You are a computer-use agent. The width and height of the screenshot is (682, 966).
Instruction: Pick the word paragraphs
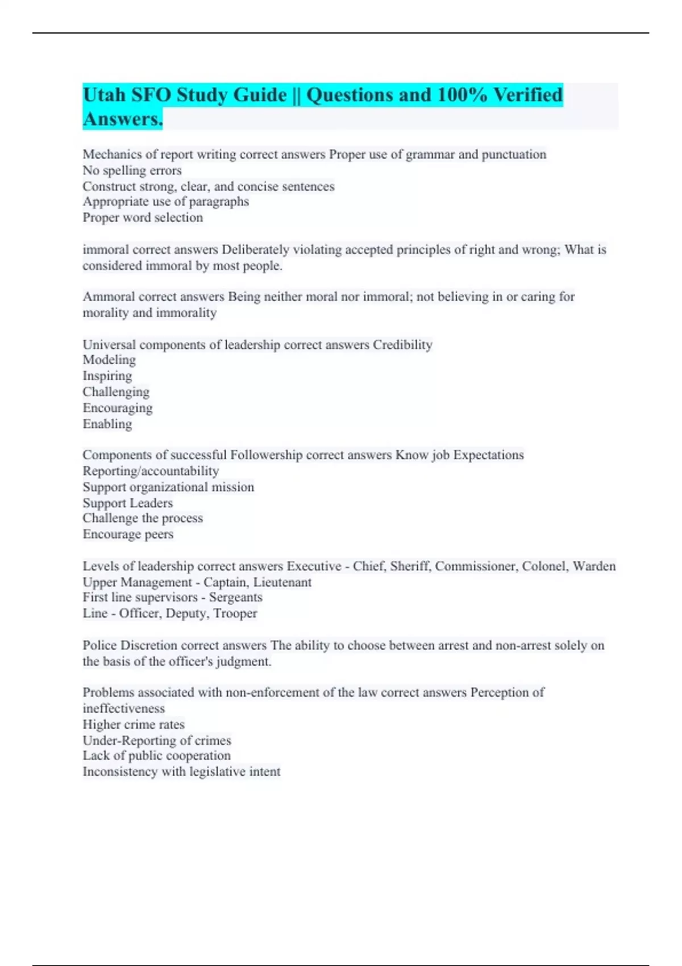click(x=219, y=202)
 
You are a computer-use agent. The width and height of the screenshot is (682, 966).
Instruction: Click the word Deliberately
click(x=255, y=249)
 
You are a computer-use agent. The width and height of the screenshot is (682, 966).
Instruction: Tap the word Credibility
click(x=402, y=345)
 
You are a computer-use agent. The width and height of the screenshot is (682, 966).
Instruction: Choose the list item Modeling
click(x=109, y=360)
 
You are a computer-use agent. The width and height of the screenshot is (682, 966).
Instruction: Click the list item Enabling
click(x=107, y=424)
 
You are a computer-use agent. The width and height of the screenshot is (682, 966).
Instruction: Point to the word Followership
click(x=266, y=455)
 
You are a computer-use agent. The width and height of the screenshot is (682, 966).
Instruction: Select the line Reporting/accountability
click(x=151, y=471)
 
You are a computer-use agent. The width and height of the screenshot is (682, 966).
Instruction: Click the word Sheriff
click(x=410, y=567)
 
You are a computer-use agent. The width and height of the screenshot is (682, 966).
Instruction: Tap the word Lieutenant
click(x=282, y=582)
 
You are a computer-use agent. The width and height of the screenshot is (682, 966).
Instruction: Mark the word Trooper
click(x=235, y=614)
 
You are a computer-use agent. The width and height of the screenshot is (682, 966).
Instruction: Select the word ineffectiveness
click(x=124, y=709)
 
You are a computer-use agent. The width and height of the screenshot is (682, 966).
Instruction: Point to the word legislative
click(x=218, y=772)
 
